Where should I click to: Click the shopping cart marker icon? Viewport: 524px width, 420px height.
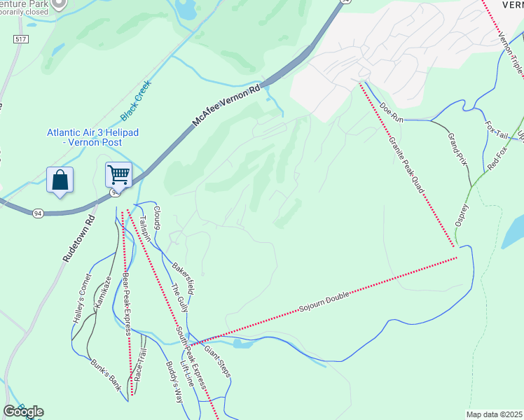tap(118, 175)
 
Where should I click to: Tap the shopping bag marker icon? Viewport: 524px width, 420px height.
tap(60, 180)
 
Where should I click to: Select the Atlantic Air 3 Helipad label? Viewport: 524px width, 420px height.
tap(84, 137)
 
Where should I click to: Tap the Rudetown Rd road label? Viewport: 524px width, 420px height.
tap(78, 238)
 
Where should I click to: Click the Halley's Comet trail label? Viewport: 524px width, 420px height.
tap(82, 298)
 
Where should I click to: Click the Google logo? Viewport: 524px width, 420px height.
tap(23, 412)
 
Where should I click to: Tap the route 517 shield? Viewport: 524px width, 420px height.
tap(20, 39)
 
